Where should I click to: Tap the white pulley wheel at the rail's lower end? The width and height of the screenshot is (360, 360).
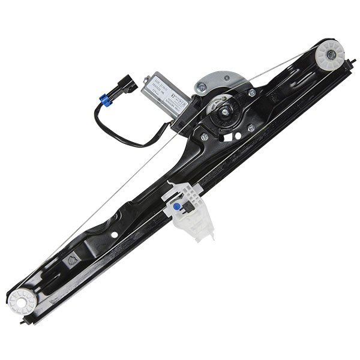click(22, 299)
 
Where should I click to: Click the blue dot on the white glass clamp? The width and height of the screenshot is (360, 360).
click(178, 206)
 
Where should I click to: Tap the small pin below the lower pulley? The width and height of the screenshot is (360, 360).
click(25, 322)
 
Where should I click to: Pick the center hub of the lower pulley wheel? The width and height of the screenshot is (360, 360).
click(22, 299)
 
